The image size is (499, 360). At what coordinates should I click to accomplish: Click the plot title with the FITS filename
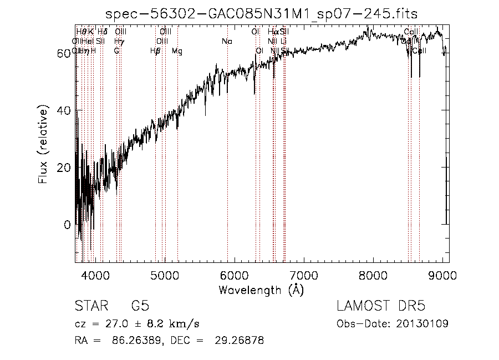tap(262, 14)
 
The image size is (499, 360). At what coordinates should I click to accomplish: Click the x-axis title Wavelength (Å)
tap(261, 290)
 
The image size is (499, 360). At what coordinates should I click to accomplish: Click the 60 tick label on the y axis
tap(64, 53)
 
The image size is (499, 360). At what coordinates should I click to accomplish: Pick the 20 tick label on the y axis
tap(64, 168)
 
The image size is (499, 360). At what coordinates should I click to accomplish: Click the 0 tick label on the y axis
tap(68, 225)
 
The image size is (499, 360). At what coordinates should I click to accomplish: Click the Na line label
tap(227, 42)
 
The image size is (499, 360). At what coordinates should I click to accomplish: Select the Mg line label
tap(177, 51)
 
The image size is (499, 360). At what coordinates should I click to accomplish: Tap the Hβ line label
tap(155, 51)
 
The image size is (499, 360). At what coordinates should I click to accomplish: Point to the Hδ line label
tap(103, 32)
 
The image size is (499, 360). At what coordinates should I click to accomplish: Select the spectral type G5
tap(140, 306)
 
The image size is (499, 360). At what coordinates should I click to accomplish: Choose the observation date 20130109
tap(423, 323)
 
